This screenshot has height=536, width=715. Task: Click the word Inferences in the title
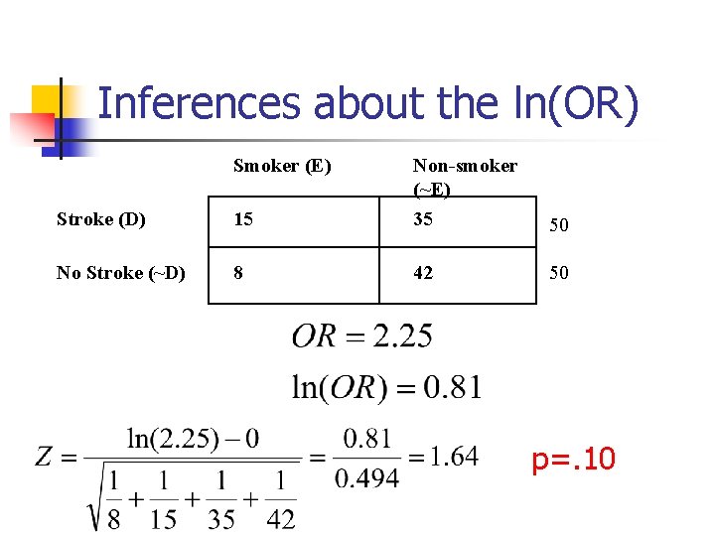(x=200, y=103)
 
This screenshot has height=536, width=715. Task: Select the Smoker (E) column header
(x=282, y=166)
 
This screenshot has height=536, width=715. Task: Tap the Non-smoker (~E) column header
(x=464, y=177)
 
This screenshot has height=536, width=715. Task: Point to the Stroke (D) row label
(x=101, y=219)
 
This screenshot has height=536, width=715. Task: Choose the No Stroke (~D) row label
(x=120, y=272)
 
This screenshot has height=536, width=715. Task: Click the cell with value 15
(x=243, y=219)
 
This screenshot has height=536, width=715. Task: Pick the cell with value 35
(x=423, y=219)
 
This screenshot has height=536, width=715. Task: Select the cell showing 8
(x=238, y=272)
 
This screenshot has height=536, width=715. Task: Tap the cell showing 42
(x=423, y=272)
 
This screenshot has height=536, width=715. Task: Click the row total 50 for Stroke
(x=559, y=225)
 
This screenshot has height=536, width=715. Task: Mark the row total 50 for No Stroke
(x=559, y=272)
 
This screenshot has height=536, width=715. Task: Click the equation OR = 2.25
(x=361, y=336)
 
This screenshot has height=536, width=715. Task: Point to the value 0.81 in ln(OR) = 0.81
(x=453, y=386)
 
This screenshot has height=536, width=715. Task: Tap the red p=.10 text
(x=573, y=460)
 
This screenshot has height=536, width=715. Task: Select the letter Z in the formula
(x=45, y=457)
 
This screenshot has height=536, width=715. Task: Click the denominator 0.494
(x=366, y=478)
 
